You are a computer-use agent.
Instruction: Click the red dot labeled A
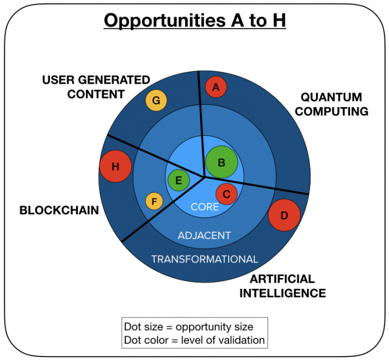[216, 87]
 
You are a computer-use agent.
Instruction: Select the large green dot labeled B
[222, 162]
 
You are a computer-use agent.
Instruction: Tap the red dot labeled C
[226, 194]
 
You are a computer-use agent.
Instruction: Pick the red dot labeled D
[284, 215]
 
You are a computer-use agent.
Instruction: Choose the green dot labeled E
[179, 181]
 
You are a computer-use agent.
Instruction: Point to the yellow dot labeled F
[154, 202]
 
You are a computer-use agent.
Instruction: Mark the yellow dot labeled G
[156, 101]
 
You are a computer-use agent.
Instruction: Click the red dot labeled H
[115, 167]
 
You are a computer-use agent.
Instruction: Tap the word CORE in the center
[205, 207]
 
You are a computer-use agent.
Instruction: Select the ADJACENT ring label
[204, 236]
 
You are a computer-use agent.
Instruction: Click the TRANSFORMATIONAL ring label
[204, 259]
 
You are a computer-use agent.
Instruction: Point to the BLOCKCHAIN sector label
[59, 210]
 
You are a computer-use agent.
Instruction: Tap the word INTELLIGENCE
[282, 294]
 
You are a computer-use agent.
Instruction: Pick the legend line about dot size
[188, 327]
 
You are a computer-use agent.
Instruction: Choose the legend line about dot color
[194, 340]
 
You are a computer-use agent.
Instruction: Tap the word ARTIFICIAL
[282, 279]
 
